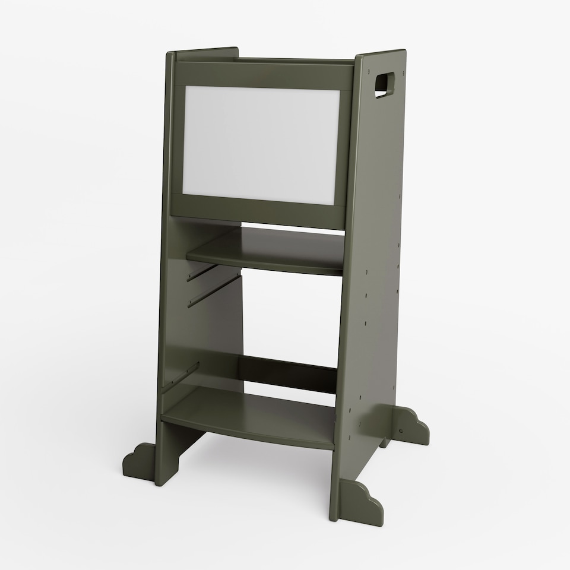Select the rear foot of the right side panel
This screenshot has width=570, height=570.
(x=410, y=425)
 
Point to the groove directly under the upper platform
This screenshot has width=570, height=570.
(x=202, y=273)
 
